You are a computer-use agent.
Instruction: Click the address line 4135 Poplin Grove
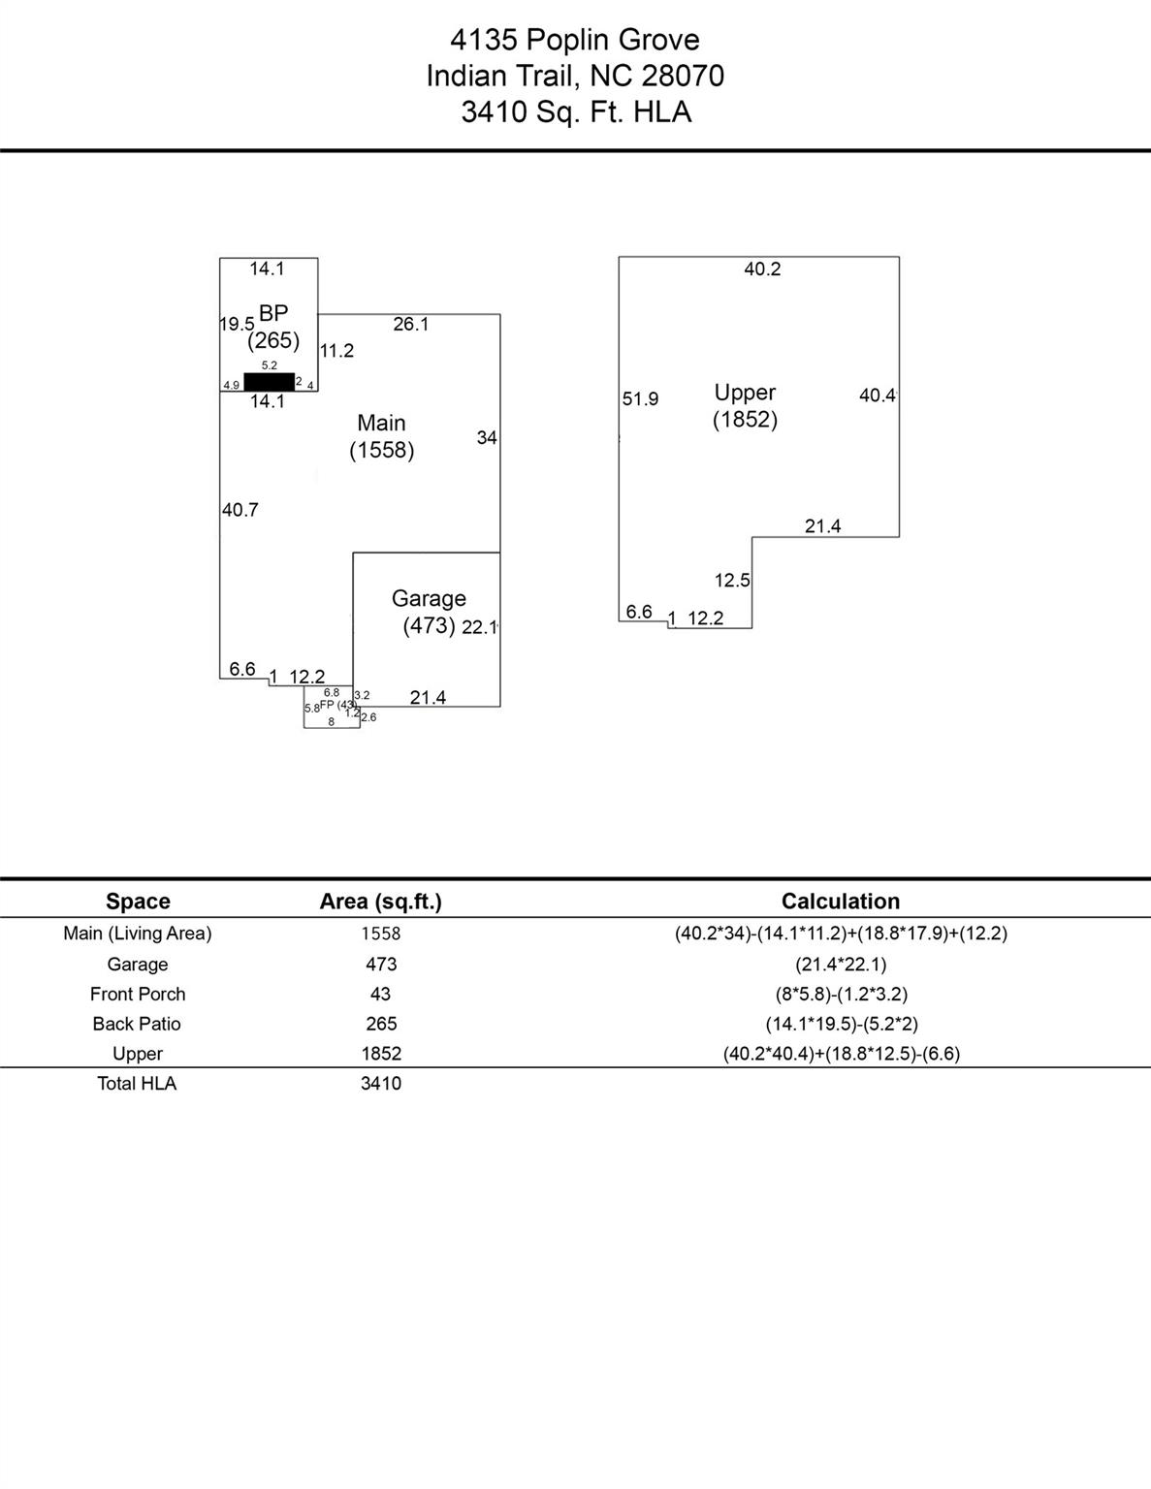coord(575,40)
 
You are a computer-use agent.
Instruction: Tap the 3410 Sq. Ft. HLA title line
coord(575,112)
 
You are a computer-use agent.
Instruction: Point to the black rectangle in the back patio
coord(269,382)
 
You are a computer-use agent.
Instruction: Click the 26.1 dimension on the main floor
coord(411,325)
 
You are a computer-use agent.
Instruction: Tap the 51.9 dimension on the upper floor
coord(640,399)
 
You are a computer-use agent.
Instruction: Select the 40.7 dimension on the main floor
coord(240,510)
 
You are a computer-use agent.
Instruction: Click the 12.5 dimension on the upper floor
coord(732,581)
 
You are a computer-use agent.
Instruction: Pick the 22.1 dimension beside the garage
coord(480,627)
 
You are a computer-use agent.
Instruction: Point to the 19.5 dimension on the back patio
coord(237,324)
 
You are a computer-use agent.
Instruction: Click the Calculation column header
coord(840,902)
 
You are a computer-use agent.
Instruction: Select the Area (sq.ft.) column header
coord(380,902)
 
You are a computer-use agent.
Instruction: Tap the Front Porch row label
coord(138,994)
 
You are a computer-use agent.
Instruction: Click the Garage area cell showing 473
coord(381,964)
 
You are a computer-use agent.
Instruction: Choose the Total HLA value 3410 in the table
coord(381,1083)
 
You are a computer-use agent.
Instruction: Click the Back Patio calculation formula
coord(841,1024)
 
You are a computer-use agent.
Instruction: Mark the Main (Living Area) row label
coord(138,934)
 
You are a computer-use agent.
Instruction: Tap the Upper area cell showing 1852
coord(381,1054)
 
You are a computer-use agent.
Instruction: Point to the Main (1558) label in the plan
coord(382,436)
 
